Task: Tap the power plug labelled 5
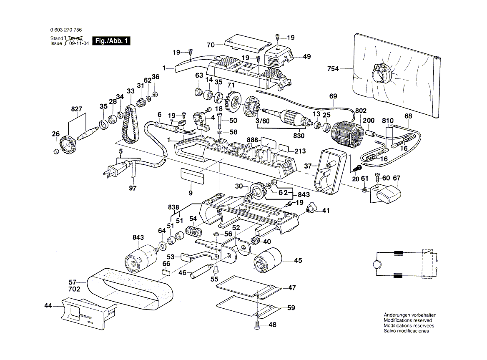(x=113, y=169)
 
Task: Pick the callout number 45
(x=298, y=261)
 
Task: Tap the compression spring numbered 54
(x=193, y=230)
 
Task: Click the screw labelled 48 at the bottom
(x=257, y=324)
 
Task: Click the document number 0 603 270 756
(x=65, y=30)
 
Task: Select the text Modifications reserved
(x=408, y=320)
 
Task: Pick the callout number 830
(x=299, y=136)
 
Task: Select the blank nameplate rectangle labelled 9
(x=192, y=176)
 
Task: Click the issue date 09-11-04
(x=78, y=43)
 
